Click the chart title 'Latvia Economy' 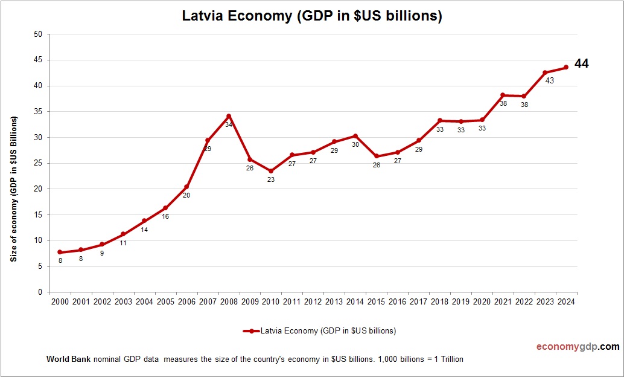(x=312, y=16)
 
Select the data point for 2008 (x=229, y=116)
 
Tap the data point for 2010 (x=271, y=171)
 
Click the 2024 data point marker (x=566, y=67)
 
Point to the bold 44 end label (x=581, y=63)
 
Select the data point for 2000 (x=60, y=252)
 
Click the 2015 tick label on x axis (x=376, y=302)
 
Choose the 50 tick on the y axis (x=37, y=34)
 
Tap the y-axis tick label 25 (x=37, y=163)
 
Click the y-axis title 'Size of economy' (x=14, y=188)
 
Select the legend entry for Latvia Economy (x=319, y=330)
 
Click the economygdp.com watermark (x=578, y=347)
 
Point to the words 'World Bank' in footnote (x=68, y=359)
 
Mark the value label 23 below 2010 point (x=271, y=180)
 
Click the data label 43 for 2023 (x=549, y=80)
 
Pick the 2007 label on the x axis (x=207, y=302)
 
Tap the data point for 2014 (x=355, y=136)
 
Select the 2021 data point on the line (x=503, y=95)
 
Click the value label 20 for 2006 (x=186, y=195)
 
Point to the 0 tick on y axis (x=40, y=292)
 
